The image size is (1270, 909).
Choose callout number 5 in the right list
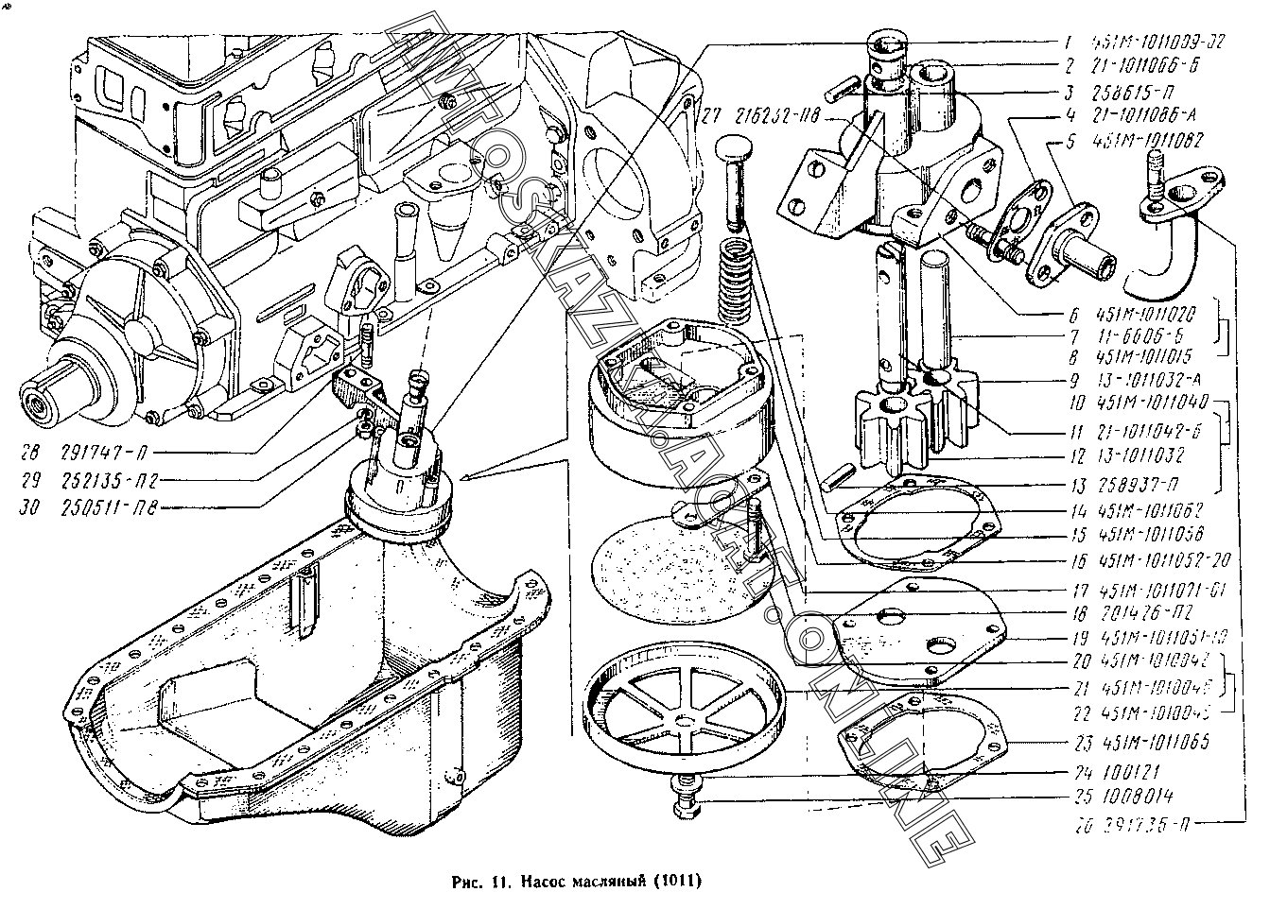tap(1071, 143)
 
